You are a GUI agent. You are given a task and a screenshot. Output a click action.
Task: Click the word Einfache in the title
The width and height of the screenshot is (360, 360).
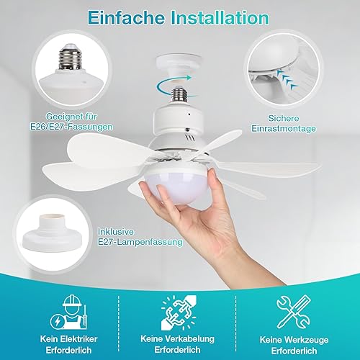coord(126,17)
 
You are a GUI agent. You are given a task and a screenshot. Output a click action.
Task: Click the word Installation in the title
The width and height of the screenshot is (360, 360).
coord(220,17)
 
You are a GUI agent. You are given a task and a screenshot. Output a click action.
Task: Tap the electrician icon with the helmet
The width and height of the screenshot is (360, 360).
coord(68,312)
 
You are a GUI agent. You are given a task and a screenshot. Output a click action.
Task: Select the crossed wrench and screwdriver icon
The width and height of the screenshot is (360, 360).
coord(294,312)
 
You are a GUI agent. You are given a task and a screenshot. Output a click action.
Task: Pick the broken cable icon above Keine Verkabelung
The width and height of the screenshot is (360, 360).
coord(179,312)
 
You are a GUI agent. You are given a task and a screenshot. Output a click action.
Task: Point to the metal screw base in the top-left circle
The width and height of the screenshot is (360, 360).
coord(70,58)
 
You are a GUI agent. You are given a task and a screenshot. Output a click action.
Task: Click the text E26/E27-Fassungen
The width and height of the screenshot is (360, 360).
coord(71,127)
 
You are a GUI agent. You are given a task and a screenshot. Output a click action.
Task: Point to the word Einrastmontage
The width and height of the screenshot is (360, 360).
coord(284,128)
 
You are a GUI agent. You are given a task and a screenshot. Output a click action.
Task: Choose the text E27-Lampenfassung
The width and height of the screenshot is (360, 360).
coord(140,242)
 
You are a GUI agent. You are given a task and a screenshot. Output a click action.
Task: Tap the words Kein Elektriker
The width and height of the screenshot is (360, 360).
coord(69,339)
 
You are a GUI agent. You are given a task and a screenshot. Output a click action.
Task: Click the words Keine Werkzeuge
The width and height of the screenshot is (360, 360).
coord(294,340)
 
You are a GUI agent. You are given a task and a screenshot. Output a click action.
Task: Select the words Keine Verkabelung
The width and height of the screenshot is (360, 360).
coord(177,338)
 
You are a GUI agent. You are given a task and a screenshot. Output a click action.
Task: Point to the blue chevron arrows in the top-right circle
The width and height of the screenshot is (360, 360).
coord(287,78)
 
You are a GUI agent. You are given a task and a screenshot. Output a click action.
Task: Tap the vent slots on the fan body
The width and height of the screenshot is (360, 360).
coord(189,138)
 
